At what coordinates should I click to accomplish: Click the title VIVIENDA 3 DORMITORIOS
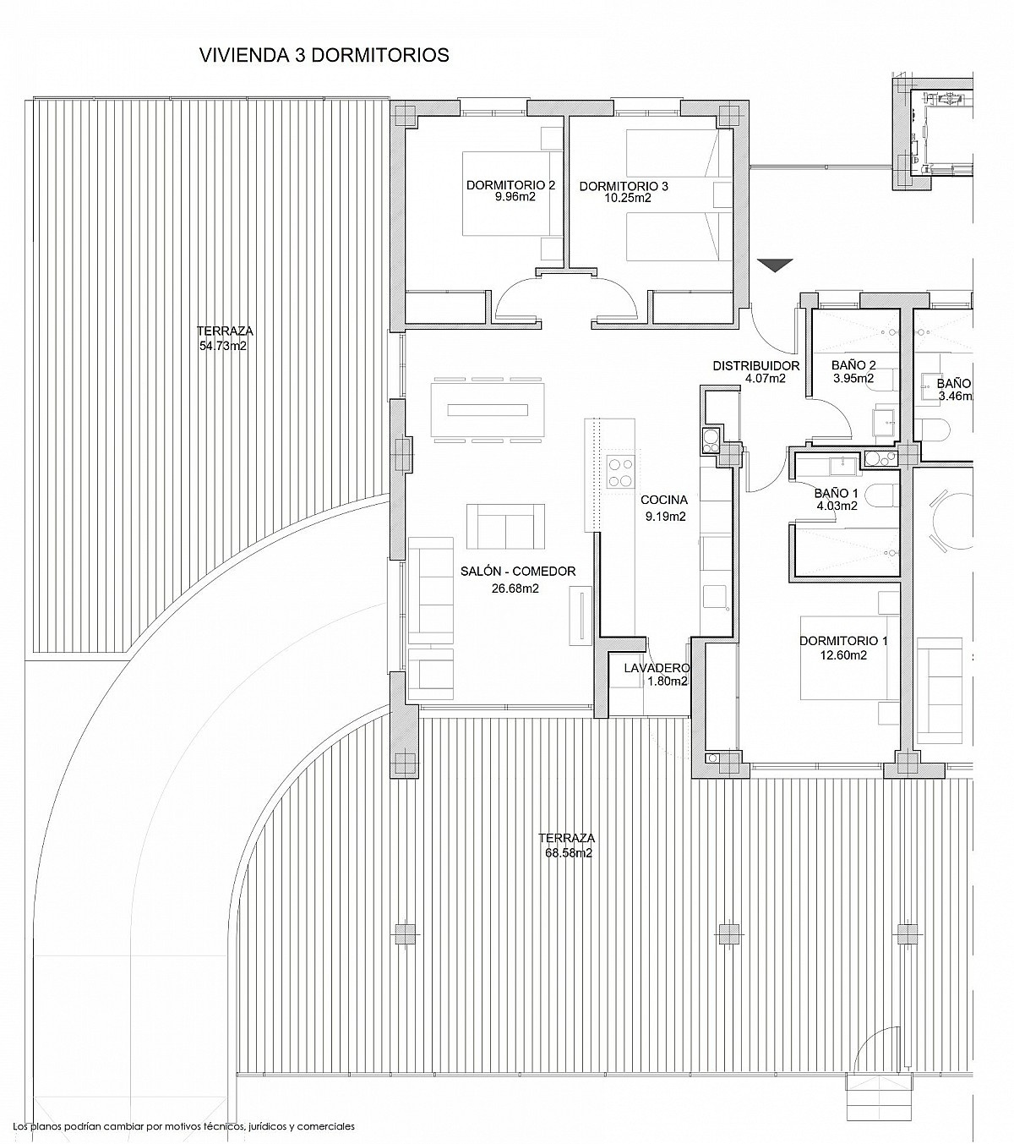[x=324, y=55]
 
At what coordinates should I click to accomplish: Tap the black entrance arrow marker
[x=775, y=265]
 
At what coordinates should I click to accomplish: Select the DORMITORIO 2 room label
[x=510, y=185]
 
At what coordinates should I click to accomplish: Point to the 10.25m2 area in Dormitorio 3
[x=624, y=198]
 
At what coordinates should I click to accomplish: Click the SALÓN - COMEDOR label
[x=518, y=571]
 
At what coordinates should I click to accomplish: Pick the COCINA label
[x=664, y=500]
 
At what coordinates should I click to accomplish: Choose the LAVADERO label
[x=657, y=668]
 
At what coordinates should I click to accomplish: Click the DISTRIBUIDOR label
[x=756, y=366]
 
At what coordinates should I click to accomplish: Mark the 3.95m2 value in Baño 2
[x=853, y=378]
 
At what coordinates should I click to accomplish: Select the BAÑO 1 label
[x=837, y=493]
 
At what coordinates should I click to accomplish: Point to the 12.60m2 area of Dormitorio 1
[x=843, y=655]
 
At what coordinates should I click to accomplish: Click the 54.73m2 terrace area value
[x=223, y=346]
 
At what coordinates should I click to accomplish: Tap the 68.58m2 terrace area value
[x=568, y=852]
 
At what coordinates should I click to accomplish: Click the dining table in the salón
[x=488, y=409]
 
